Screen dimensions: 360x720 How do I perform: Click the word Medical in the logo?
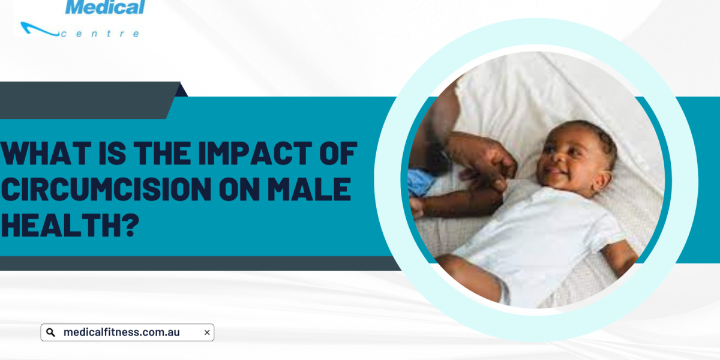(x=105, y=7)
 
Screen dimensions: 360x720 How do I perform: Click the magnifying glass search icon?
(x=50, y=332)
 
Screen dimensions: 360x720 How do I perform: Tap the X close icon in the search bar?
(x=207, y=332)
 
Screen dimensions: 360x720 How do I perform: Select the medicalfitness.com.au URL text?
(x=121, y=332)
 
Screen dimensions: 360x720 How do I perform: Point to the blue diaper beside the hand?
(x=421, y=182)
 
